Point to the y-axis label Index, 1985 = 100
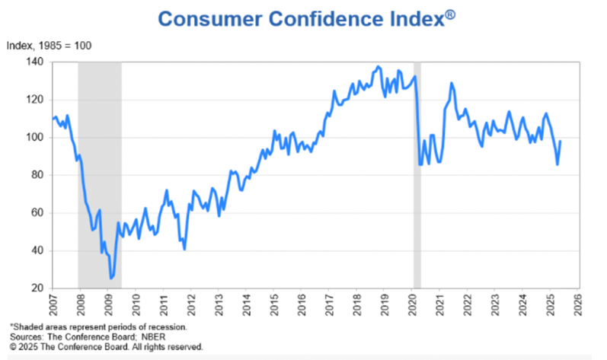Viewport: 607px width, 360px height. (49, 46)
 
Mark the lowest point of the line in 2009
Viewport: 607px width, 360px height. (111, 278)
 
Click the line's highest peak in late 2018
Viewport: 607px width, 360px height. (379, 67)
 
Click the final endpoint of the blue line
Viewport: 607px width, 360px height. (561, 141)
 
